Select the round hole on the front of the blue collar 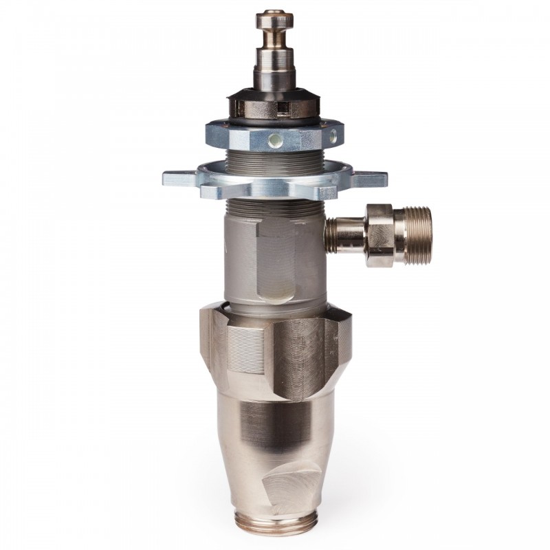(276, 140)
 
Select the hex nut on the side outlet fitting (379, 234)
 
